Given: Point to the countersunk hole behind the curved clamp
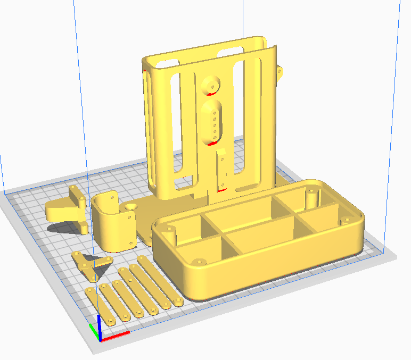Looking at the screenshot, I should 131,205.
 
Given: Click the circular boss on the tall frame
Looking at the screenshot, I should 211,83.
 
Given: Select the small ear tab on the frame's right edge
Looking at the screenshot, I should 279,72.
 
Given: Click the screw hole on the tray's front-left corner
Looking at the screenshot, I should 200,262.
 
